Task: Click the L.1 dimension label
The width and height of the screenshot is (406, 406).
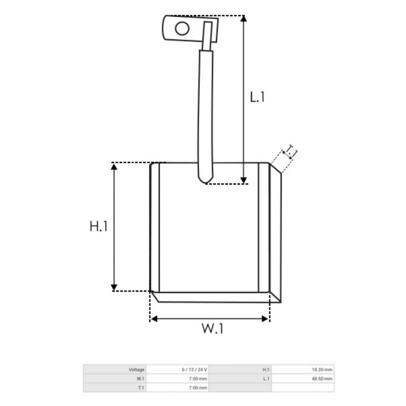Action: (x=257, y=97)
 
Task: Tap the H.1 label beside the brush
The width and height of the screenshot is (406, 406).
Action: (x=98, y=226)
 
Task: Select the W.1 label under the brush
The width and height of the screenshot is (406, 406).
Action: (x=212, y=328)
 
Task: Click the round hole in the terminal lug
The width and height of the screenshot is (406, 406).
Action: (x=182, y=28)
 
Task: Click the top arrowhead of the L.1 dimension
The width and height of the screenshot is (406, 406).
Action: (x=244, y=19)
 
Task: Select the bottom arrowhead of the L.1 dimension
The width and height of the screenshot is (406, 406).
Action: (x=244, y=180)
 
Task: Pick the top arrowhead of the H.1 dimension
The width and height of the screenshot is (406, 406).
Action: (x=114, y=167)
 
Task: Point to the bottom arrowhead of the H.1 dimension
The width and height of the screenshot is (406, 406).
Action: (x=114, y=287)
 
